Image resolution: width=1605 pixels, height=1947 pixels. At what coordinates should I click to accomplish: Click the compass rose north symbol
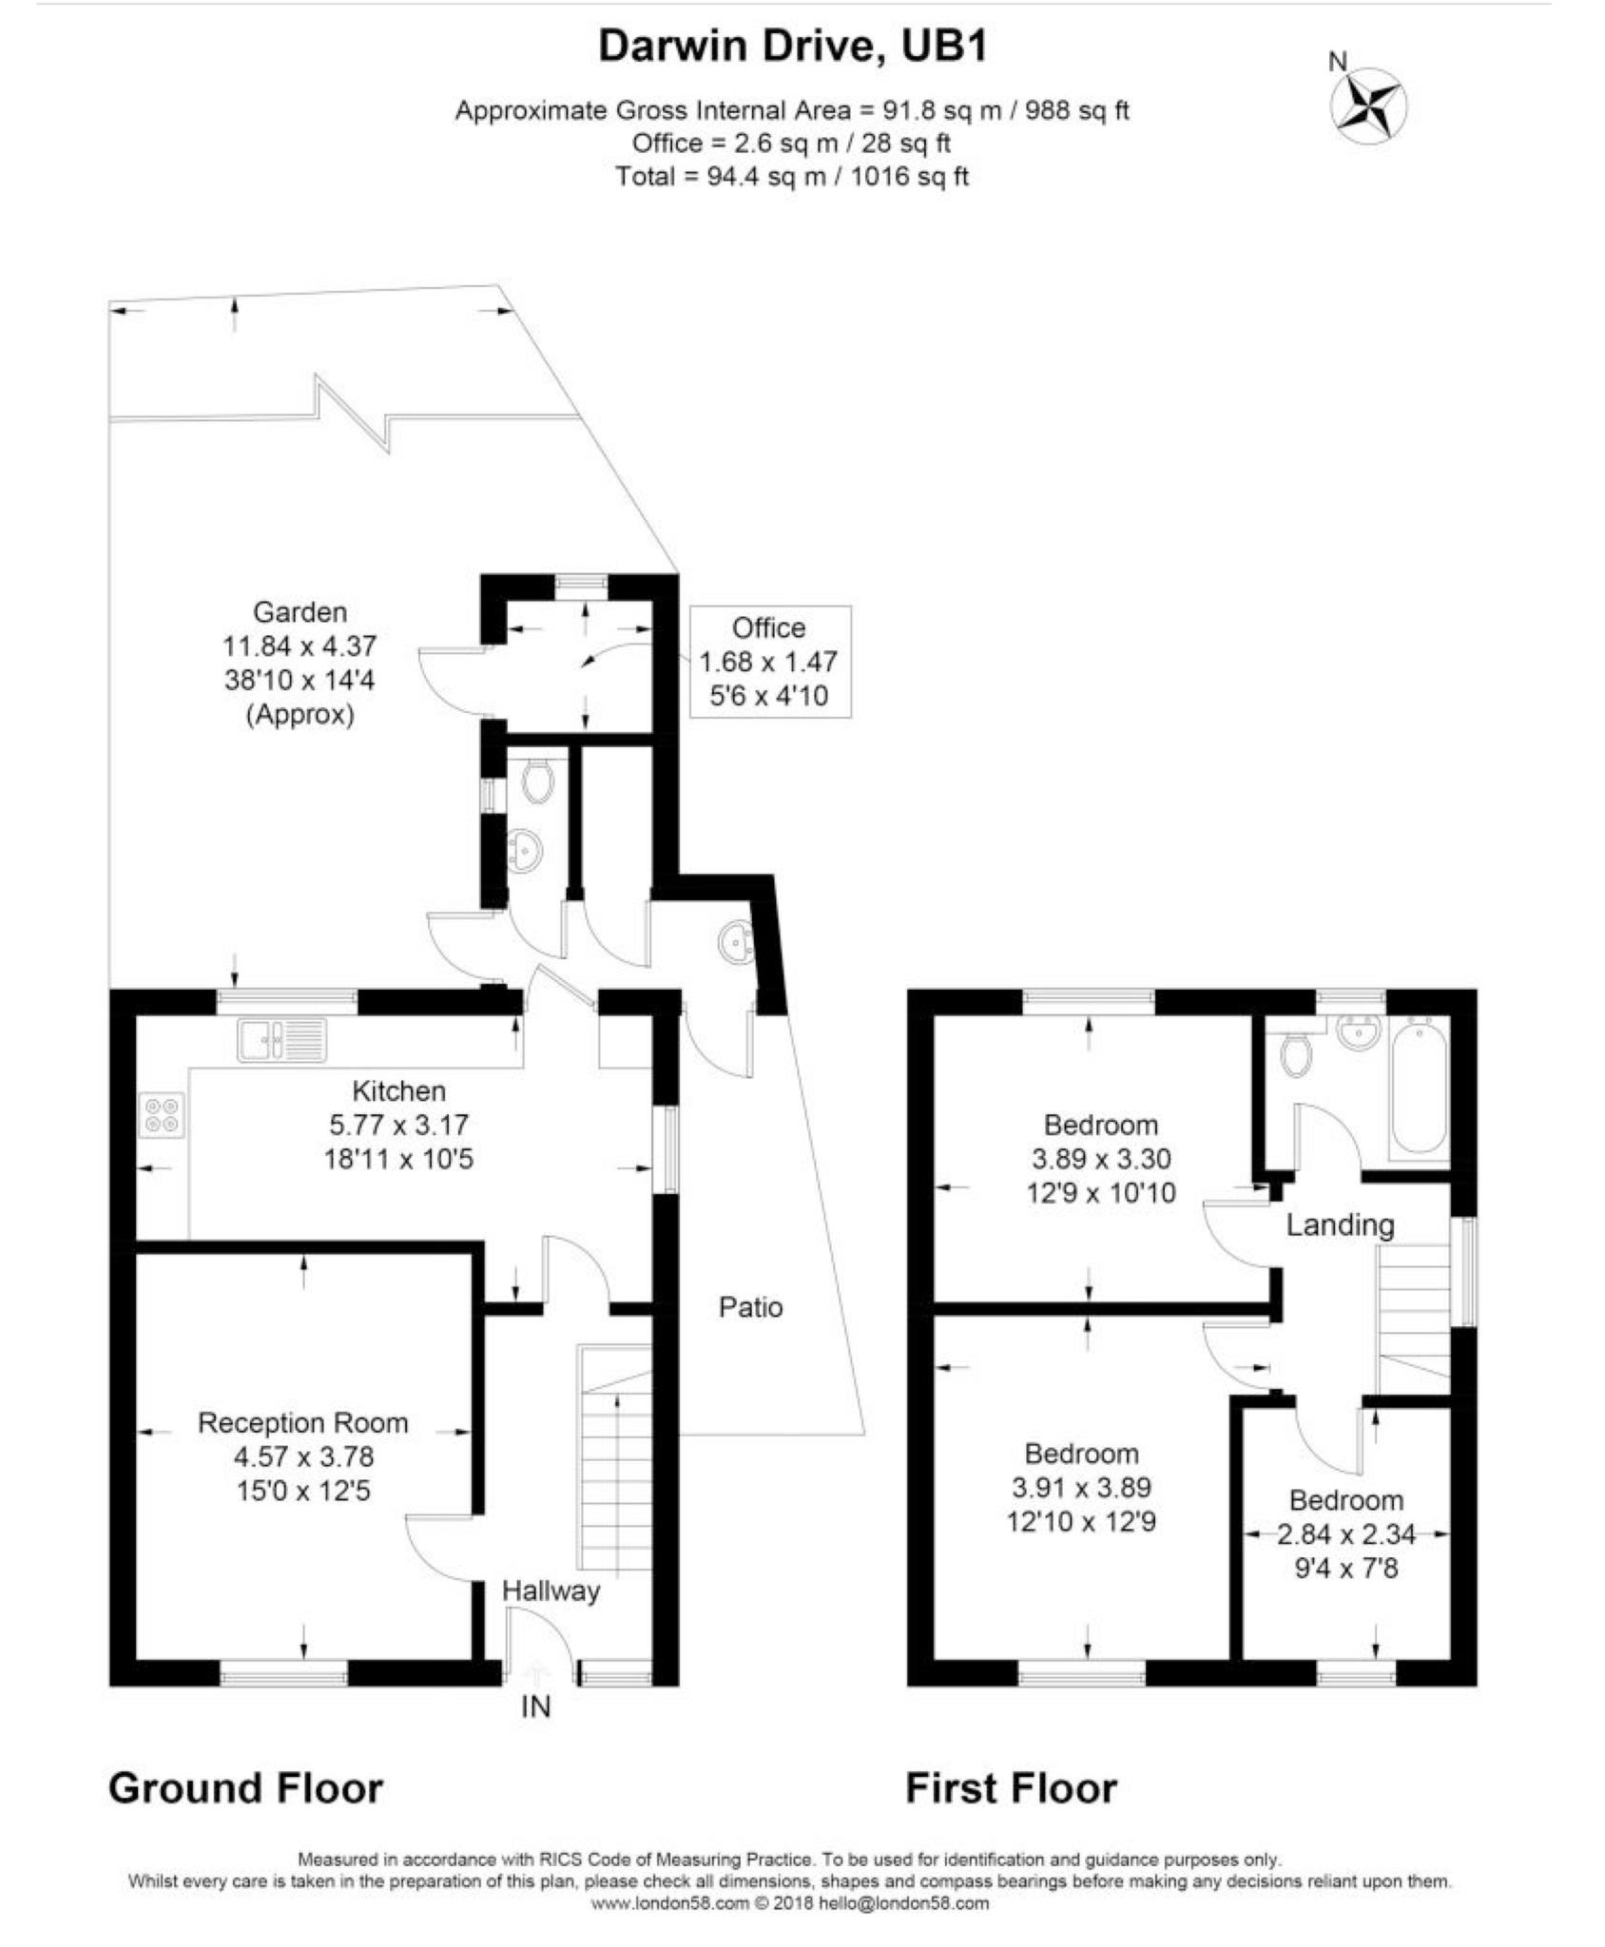[x=1371, y=106]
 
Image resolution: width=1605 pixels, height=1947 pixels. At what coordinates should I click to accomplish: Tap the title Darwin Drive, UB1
[x=793, y=47]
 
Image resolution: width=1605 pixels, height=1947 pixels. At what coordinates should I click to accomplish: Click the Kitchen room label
[x=398, y=1090]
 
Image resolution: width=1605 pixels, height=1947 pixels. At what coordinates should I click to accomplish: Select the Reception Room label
[x=302, y=1422]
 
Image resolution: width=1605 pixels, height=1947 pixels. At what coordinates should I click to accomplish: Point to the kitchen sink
[x=281, y=1039]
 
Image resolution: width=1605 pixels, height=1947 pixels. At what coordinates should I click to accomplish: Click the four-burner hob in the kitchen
[x=162, y=1115]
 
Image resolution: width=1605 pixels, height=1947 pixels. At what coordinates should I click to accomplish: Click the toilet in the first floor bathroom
[x=1295, y=1053]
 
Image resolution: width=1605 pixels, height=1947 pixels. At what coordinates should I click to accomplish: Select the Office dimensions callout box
[x=769, y=662]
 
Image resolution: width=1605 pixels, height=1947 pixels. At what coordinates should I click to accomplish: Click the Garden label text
[x=300, y=611]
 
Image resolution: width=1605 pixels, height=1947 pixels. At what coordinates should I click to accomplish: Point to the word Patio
[x=750, y=1307]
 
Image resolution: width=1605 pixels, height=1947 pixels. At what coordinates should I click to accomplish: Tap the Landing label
[x=1340, y=1224]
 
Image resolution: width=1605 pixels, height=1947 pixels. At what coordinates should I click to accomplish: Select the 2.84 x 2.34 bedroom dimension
[x=1345, y=1533]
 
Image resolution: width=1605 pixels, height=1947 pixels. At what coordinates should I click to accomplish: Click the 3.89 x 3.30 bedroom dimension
[x=1100, y=1159]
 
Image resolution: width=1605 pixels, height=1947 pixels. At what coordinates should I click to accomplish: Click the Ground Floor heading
[x=246, y=1787]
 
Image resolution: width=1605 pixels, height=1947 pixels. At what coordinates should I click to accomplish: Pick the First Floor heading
[x=1011, y=1787]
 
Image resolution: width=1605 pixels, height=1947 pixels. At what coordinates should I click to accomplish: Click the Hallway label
[x=551, y=1590]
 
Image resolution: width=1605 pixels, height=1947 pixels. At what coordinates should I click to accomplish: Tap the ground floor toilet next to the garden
[x=538, y=782]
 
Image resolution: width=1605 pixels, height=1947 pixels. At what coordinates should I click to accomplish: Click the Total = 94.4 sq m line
[x=792, y=176]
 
